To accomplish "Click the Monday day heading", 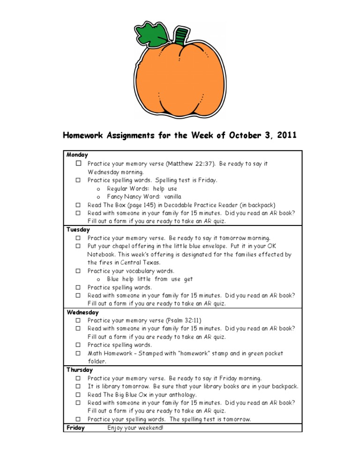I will click(x=77, y=155).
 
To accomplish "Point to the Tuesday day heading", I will click(x=78, y=230).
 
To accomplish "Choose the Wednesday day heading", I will click(x=83, y=312).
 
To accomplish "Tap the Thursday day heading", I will click(x=80, y=370).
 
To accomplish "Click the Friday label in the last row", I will click(x=75, y=428).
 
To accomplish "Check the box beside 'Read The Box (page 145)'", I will click(x=79, y=205).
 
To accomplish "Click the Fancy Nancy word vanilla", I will click(x=172, y=196).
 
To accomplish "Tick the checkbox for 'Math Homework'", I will click(x=79, y=353).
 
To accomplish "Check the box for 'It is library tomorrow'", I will click(x=79, y=386).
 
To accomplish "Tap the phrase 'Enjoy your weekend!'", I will click(x=135, y=428).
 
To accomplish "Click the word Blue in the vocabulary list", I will click(x=112, y=279).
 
